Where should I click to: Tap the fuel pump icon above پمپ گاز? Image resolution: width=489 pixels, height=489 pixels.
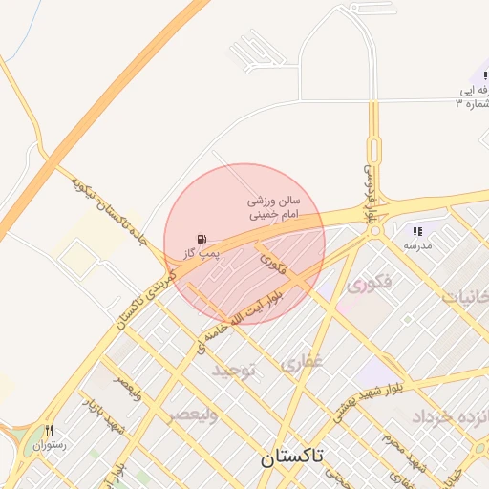pyautogui.click(x=201, y=239)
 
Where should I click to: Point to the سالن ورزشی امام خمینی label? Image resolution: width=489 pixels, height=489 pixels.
pyautogui.click(x=274, y=209)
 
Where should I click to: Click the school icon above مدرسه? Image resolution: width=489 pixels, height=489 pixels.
pyautogui.click(x=417, y=231)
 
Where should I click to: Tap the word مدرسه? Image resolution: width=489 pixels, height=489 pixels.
pyautogui.click(x=417, y=245)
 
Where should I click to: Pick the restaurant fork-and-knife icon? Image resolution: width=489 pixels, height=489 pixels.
pyautogui.click(x=49, y=430)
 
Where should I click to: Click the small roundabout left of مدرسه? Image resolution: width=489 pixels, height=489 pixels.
pyautogui.click(x=375, y=230)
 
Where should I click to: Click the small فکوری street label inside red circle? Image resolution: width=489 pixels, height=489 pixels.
pyautogui.click(x=271, y=255)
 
